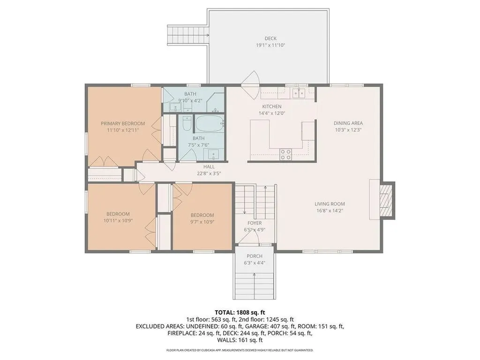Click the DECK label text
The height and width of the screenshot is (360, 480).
(270, 38)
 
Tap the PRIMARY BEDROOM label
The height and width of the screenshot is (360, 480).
(123, 124)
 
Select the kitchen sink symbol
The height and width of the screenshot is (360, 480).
(299, 93)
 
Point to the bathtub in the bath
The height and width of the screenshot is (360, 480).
(209, 124)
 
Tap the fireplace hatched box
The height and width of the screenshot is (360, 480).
(386, 199)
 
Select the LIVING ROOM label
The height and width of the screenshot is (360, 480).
(330, 204)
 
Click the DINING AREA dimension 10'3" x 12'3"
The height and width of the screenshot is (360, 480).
(348, 130)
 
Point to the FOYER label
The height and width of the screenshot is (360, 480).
(255, 223)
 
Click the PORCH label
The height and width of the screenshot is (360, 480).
(255, 256)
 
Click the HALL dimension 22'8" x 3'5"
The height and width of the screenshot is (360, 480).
(209, 173)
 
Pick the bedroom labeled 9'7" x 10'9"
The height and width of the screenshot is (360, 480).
(202, 218)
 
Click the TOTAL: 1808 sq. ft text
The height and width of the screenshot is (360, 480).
(240, 312)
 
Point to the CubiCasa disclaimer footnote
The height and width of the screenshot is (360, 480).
(240, 350)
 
